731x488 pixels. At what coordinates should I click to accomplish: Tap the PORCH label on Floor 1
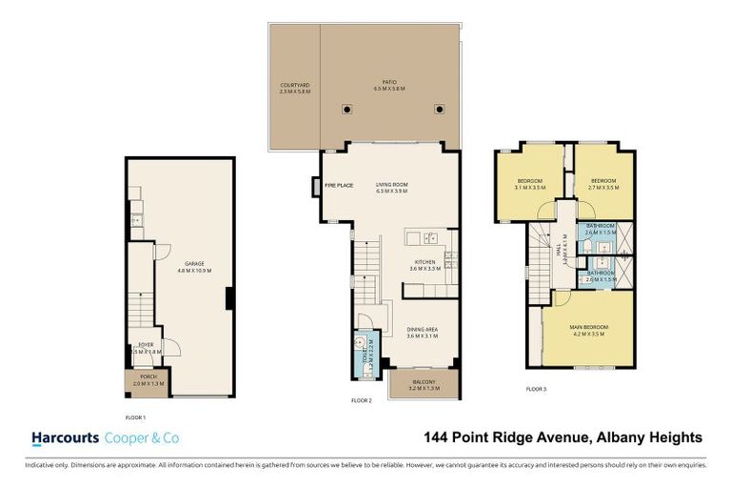(148, 378)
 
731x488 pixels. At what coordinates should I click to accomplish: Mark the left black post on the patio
(347, 109)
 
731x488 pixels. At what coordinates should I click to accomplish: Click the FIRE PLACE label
(339, 185)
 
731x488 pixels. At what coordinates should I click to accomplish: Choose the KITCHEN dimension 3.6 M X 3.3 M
(425, 269)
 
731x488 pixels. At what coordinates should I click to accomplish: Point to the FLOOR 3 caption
(536, 389)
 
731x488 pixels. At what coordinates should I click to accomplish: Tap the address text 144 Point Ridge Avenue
(505, 438)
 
